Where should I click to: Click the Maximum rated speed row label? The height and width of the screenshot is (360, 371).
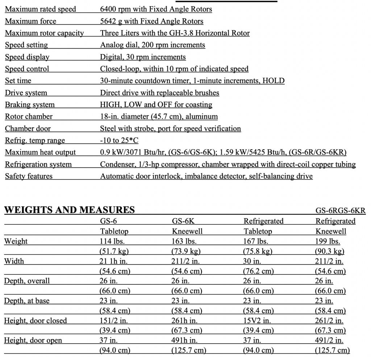point(41,9)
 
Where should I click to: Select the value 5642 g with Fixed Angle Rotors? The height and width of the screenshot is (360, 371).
point(151,21)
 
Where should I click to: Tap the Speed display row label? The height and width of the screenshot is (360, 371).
point(27,57)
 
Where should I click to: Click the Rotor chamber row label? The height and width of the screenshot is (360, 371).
point(29,116)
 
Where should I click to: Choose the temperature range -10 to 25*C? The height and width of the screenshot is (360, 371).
point(119,140)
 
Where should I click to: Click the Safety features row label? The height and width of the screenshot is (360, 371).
point(29,176)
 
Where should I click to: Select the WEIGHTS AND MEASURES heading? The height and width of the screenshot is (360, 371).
point(69,210)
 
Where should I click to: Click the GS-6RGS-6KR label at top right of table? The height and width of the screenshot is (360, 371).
point(340,211)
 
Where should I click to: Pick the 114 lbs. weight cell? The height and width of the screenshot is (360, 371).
point(112,241)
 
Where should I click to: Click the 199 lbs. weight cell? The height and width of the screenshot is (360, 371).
point(328,241)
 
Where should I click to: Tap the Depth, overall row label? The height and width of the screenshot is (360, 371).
point(27,281)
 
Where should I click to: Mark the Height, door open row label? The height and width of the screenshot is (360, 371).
point(33,340)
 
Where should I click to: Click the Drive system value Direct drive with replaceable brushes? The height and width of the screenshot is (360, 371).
point(159,93)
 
